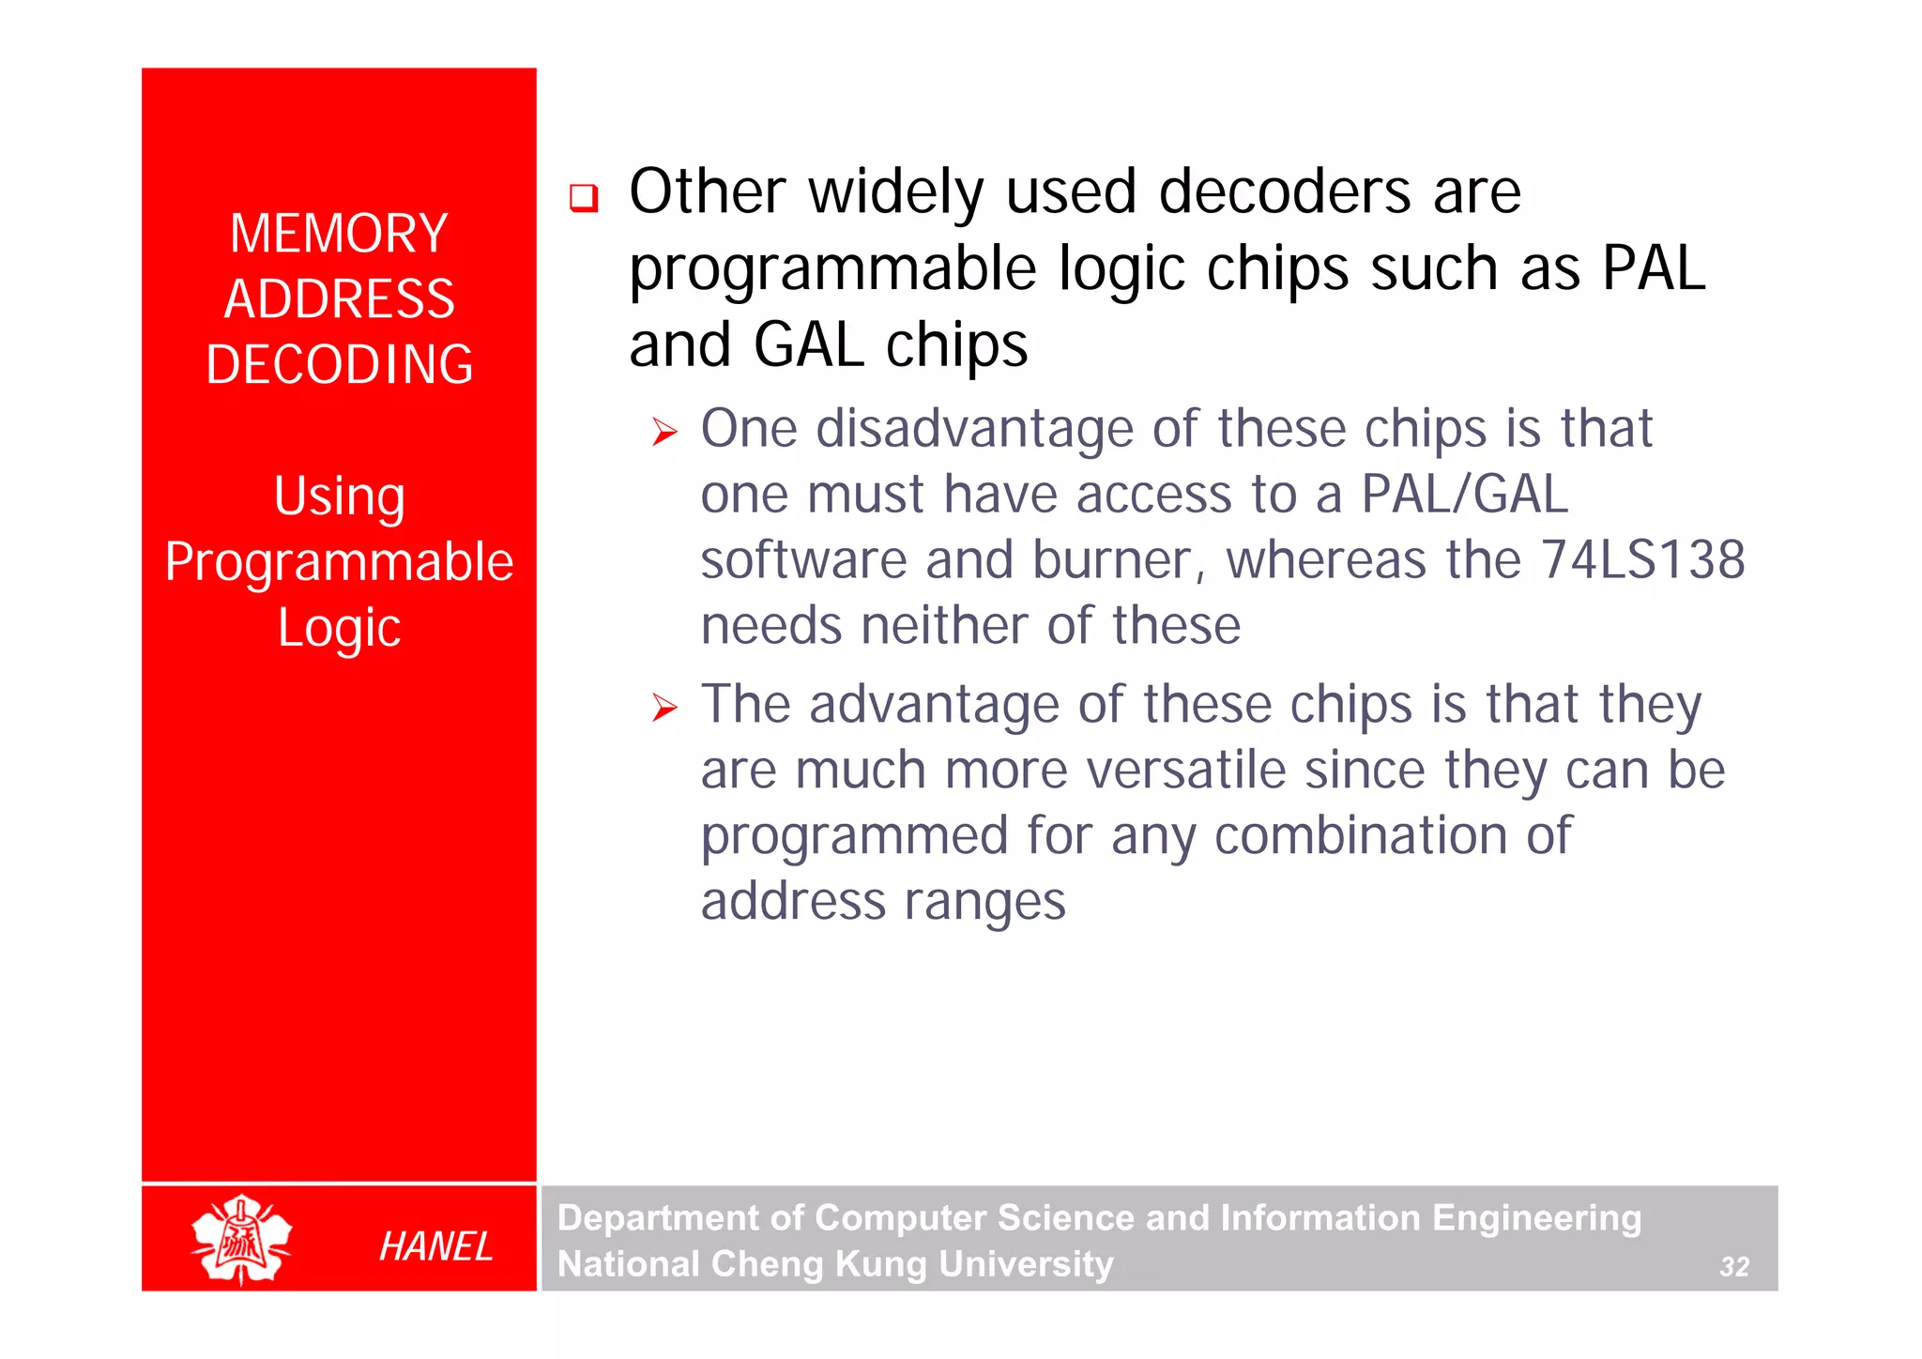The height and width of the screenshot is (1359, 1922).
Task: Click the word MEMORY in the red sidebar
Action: pyautogui.click(x=339, y=234)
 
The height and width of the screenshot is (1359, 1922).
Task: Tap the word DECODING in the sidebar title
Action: pyautogui.click(x=339, y=365)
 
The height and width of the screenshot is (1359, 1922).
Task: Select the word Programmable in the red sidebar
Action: pyautogui.click(x=339, y=562)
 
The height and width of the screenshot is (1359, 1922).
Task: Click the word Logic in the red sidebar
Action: pyautogui.click(x=339, y=627)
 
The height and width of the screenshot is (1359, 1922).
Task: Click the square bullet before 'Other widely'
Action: pyautogui.click(x=584, y=198)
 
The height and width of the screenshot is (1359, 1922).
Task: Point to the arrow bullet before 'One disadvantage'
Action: pyautogui.click(x=664, y=433)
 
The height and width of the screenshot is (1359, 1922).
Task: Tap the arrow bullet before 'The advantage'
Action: pyautogui.click(x=664, y=708)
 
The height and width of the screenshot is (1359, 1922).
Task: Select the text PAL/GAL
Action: pyautogui.click(x=1464, y=495)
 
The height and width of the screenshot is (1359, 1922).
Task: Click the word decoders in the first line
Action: pyautogui.click(x=1285, y=191)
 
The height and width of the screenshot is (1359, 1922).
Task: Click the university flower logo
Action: pyautogui.click(x=241, y=1239)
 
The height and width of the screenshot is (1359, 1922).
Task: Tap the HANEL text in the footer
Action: pyautogui.click(x=435, y=1246)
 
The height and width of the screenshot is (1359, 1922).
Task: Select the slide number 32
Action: pyautogui.click(x=1733, y=1267)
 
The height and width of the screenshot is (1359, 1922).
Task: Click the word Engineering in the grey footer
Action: pyautogui.click(x=1536, y=1218)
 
